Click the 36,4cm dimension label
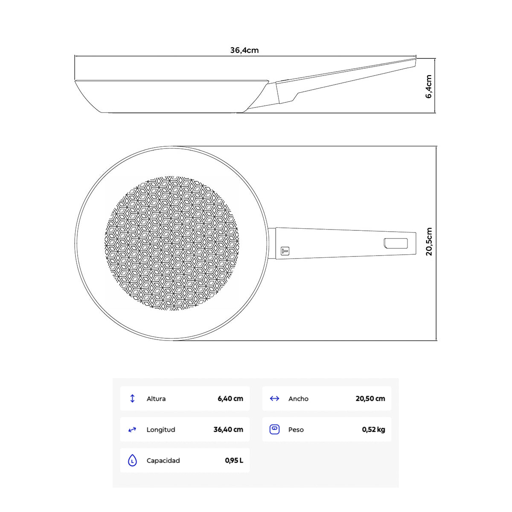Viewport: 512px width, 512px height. click(244, 50)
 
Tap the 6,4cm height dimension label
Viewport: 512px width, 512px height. click(428, 87)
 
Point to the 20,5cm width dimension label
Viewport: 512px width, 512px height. click(429, 241)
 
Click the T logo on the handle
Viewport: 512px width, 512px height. click(285, 251)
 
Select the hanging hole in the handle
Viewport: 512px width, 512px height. click(396, 243)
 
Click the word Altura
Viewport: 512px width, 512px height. click(156, 399)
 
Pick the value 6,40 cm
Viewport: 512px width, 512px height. click(230, 399)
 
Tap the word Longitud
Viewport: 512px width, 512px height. click(161, 430)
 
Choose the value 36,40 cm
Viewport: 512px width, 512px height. click(228, 430)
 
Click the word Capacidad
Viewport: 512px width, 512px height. click(163, 460)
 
